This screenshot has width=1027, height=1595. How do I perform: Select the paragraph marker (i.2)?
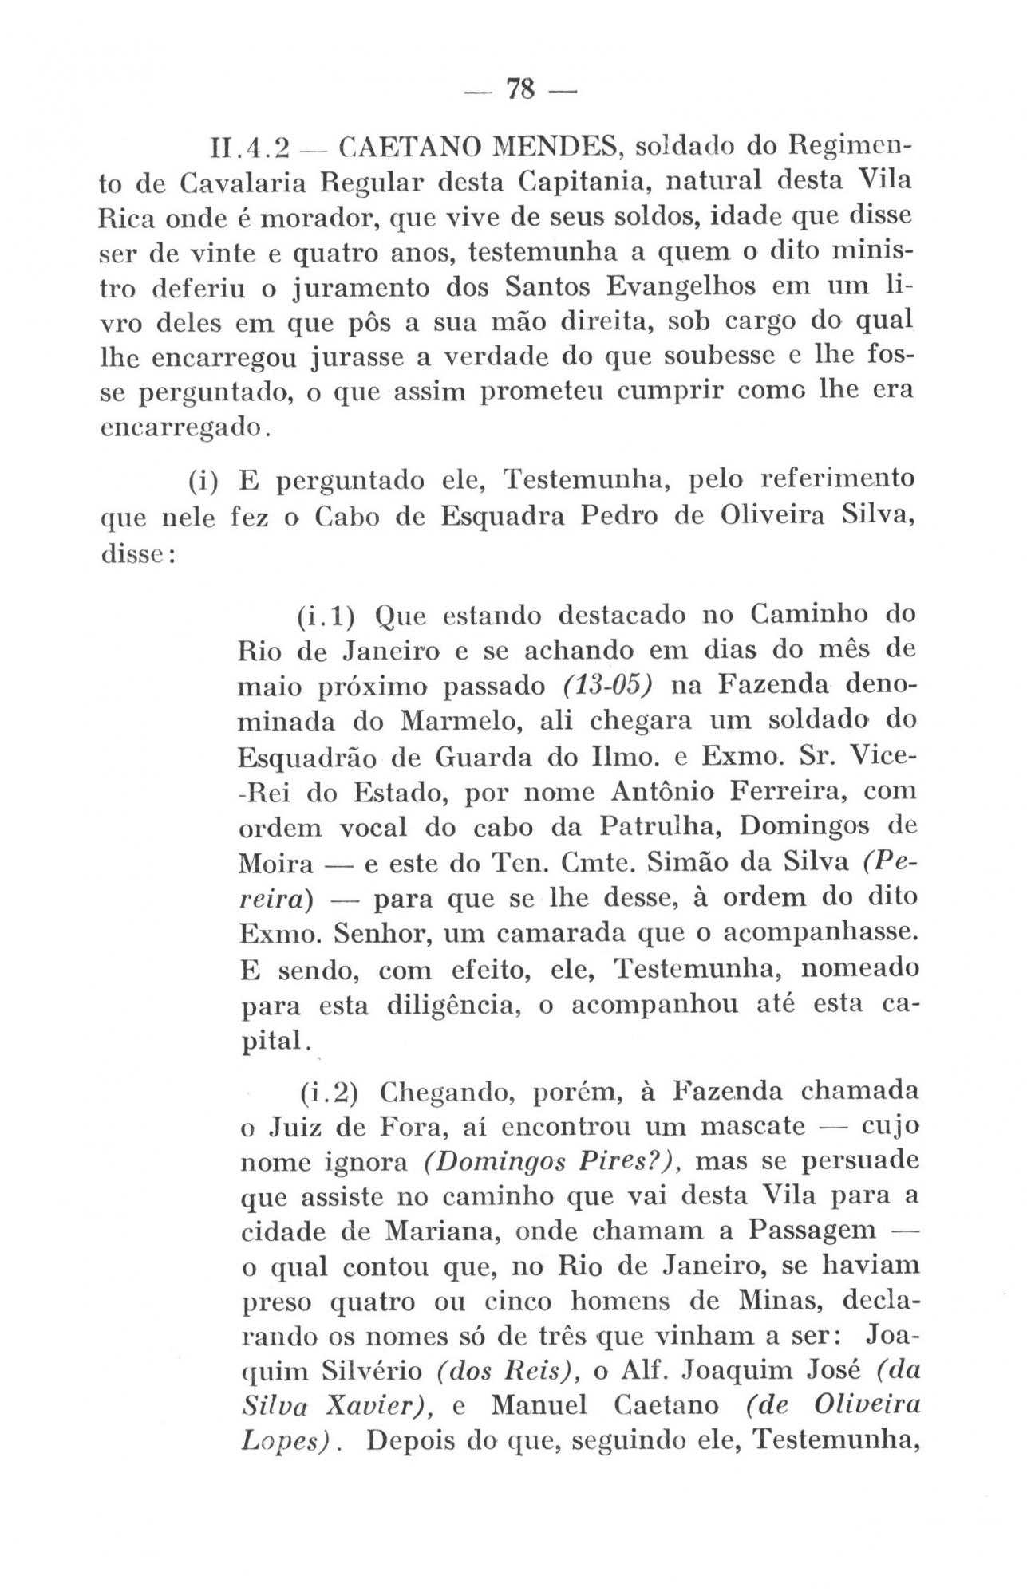(x=329, y=1090)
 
